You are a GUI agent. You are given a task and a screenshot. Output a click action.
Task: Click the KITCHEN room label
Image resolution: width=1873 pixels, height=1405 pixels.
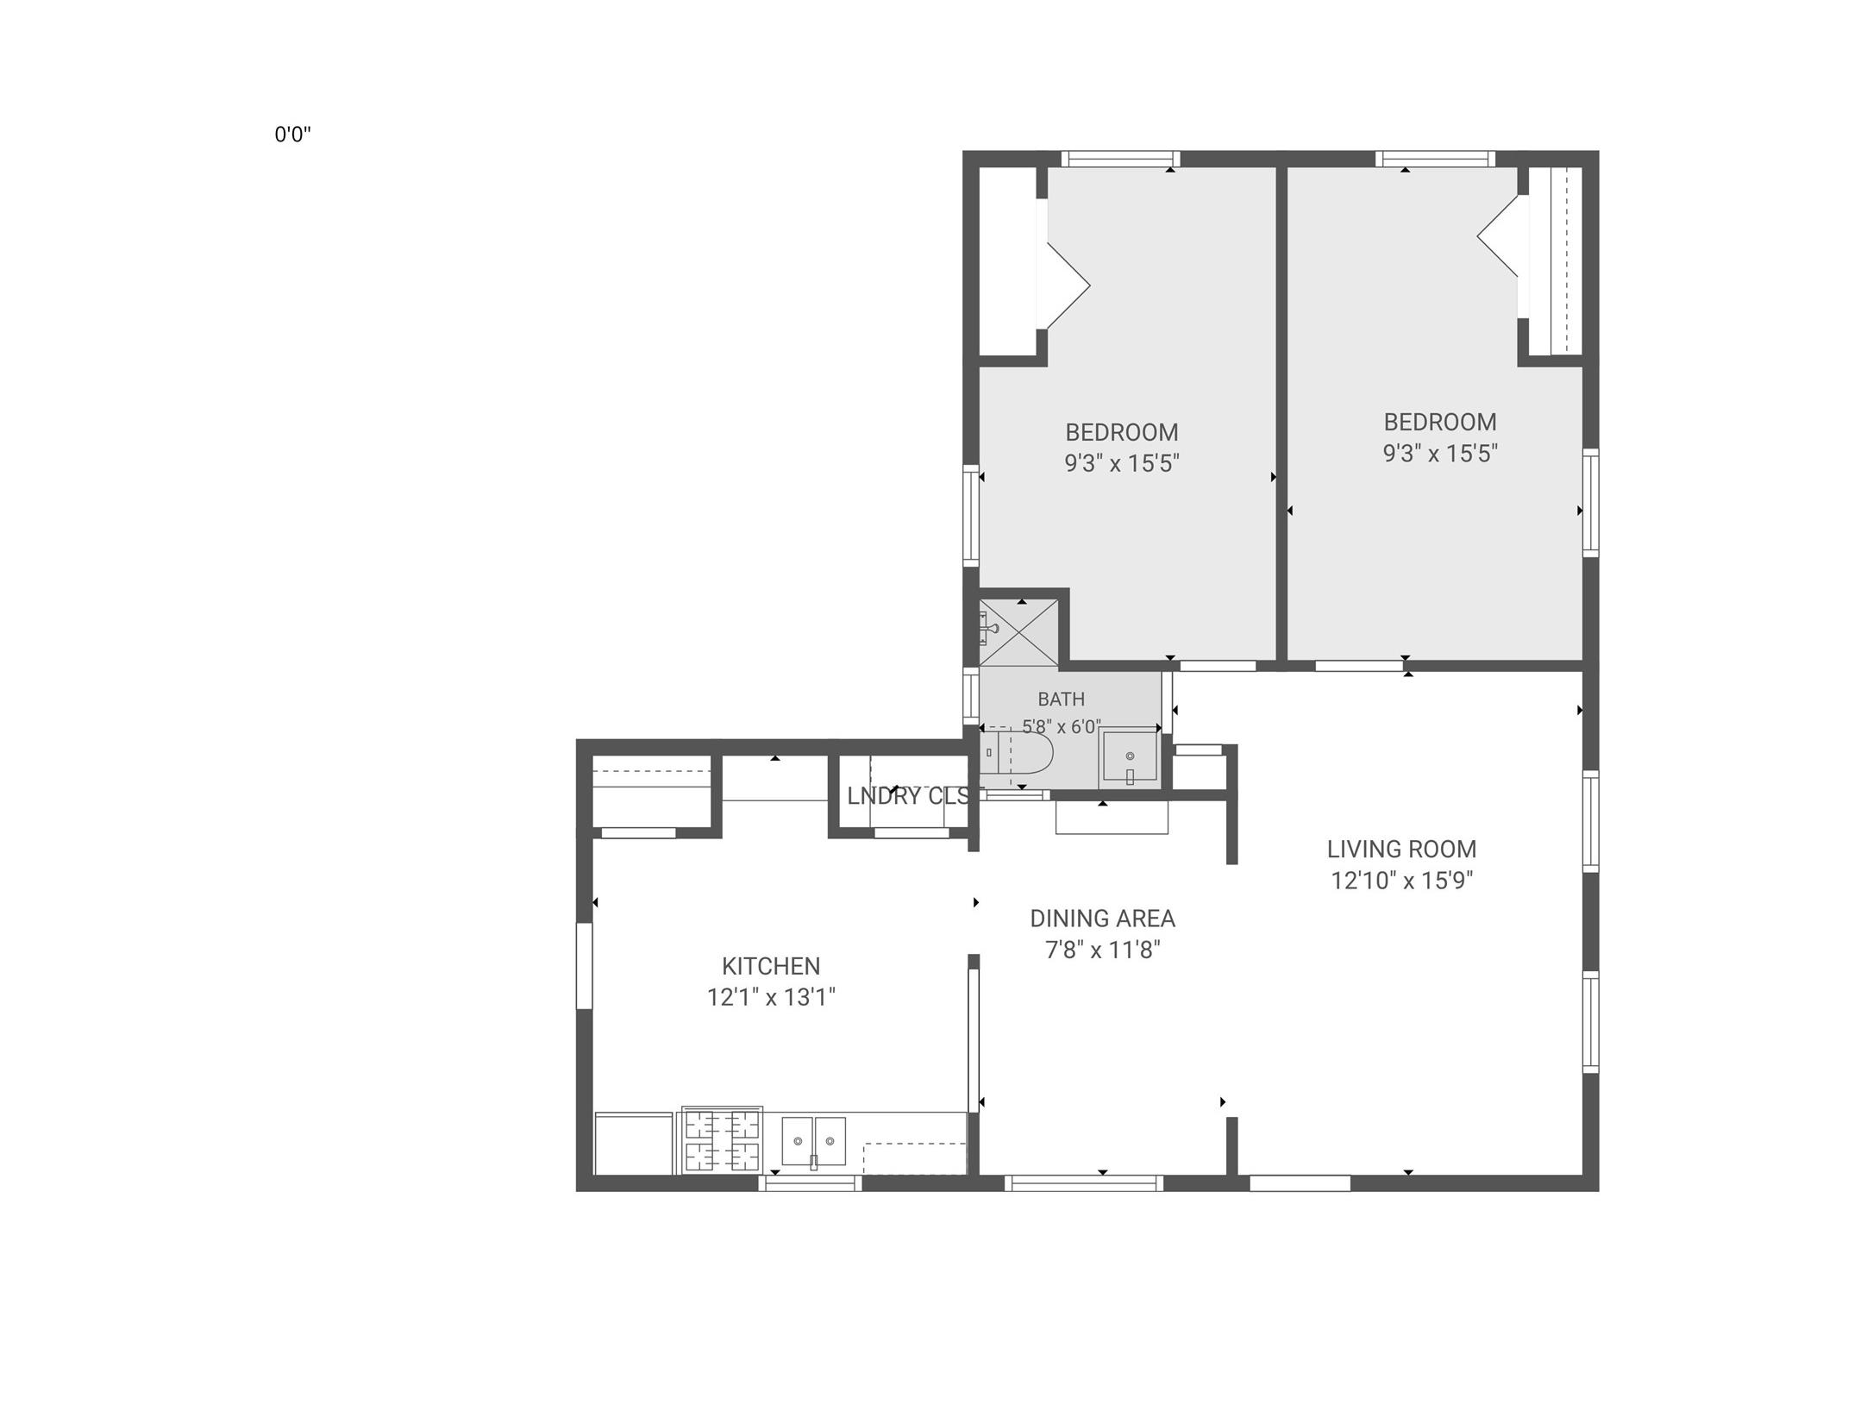tap(771, 966)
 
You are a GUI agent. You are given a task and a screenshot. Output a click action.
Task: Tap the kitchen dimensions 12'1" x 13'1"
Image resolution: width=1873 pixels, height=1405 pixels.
tap(771, 998)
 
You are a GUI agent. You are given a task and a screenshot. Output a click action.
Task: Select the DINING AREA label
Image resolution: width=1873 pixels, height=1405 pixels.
tap(1102, 919)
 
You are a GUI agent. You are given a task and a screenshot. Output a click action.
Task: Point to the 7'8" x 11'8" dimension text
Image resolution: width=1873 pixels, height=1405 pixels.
tap(1102, 950)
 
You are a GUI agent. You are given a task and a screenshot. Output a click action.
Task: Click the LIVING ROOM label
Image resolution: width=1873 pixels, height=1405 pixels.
tap(1401, 850)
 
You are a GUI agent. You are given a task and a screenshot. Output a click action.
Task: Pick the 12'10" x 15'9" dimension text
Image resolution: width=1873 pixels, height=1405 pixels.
tap(1401, 881)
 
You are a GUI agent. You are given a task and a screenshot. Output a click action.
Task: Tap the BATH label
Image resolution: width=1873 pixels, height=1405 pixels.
tap(1061, 699)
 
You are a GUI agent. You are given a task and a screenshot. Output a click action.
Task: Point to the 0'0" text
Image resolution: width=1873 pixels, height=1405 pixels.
tap(292, 135)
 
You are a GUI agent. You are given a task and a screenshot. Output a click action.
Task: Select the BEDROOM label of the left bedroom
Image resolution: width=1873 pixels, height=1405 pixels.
tap(1121, 432)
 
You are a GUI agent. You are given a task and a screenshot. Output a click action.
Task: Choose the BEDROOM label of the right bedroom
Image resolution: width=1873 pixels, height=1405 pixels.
tap(1439, 422)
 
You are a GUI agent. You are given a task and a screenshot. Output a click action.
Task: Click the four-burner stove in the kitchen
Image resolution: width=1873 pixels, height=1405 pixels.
tap(722, 1141)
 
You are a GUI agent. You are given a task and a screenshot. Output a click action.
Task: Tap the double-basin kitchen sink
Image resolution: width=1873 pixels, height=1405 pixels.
tap(813, 1142)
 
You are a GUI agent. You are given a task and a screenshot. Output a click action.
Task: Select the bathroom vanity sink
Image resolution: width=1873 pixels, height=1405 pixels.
tap(1129, 758)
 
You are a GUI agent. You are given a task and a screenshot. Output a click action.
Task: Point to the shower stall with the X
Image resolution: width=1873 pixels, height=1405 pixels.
tap(1018, 633)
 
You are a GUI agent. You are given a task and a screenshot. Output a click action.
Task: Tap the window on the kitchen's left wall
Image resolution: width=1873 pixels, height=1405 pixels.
tap(585, 966)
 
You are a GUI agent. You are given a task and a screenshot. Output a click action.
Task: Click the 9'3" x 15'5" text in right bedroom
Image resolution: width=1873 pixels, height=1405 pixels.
tap(1439, 454)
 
